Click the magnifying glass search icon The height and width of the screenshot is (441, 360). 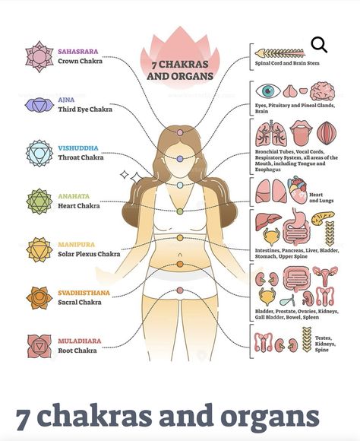[319, 44]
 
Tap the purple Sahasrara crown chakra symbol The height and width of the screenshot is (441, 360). [39, 56]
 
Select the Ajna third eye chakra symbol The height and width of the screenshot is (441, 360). [39, 105]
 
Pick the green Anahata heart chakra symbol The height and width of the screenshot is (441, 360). [39, 201]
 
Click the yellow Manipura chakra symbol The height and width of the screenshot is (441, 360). [39, 249]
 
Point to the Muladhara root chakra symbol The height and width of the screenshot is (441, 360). [39, 346]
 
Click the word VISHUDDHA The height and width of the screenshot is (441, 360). [78, 148]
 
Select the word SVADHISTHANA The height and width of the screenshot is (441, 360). [84, 293]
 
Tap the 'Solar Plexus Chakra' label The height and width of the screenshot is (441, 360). [89, 254]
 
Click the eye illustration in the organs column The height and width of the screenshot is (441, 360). [268, 90]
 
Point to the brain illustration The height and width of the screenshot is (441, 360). [322, 91]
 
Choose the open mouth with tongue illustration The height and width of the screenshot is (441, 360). [301, 132]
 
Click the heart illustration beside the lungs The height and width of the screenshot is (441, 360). [298, 190]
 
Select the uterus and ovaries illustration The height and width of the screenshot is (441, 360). [325, 275]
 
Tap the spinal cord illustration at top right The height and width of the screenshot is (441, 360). [280, 52]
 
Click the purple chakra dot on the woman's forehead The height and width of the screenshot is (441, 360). [180, 159]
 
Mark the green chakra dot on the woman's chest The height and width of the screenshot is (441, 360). [180, 211]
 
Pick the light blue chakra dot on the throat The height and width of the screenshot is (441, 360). [180, 185]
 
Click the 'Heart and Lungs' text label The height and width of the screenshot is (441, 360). [321, 198]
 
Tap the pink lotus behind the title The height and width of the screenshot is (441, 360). [180, 56]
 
